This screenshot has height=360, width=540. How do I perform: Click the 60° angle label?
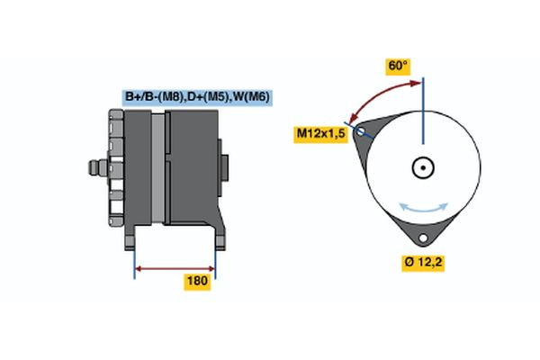point(398,66)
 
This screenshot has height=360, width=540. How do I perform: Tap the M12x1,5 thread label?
point(321,134)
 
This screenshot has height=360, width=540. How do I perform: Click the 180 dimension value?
point(197,282)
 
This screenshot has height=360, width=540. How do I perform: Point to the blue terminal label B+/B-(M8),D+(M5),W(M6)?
point(197,96)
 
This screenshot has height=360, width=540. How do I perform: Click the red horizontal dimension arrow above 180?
point(175,267)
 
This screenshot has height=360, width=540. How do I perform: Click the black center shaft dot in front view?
point(421,167)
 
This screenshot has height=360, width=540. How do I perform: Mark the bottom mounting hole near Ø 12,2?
point(421,239)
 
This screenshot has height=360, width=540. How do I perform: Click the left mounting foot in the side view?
point(132,238)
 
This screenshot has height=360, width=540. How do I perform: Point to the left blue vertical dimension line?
point(134,261)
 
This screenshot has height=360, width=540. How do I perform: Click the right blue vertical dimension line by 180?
point(215,261)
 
